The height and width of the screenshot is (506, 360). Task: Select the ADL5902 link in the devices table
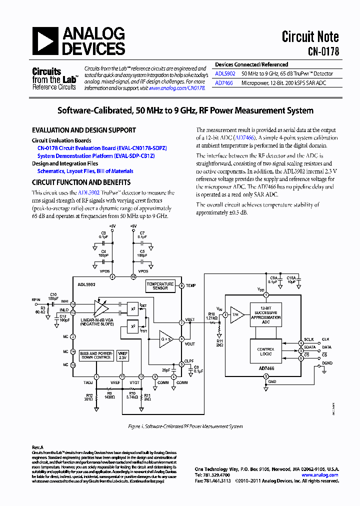(225, 73)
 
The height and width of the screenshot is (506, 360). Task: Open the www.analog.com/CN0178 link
(177, 87)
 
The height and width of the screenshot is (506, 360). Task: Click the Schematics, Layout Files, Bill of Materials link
(85, 171)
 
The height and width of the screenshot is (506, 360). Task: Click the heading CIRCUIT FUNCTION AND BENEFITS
(81, 182)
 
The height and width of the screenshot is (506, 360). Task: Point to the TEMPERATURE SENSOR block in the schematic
(160, 286)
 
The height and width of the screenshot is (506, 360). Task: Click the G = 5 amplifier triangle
(165, 338)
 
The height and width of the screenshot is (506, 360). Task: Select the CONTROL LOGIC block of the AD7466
(266, 351)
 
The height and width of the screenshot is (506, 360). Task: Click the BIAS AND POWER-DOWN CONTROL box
(95, 355)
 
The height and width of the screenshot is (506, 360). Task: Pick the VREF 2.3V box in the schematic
(123, 355)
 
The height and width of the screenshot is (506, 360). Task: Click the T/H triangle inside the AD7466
(236, 314)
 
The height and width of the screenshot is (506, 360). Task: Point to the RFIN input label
(36, 299)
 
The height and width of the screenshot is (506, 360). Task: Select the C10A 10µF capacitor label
(291, 279)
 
